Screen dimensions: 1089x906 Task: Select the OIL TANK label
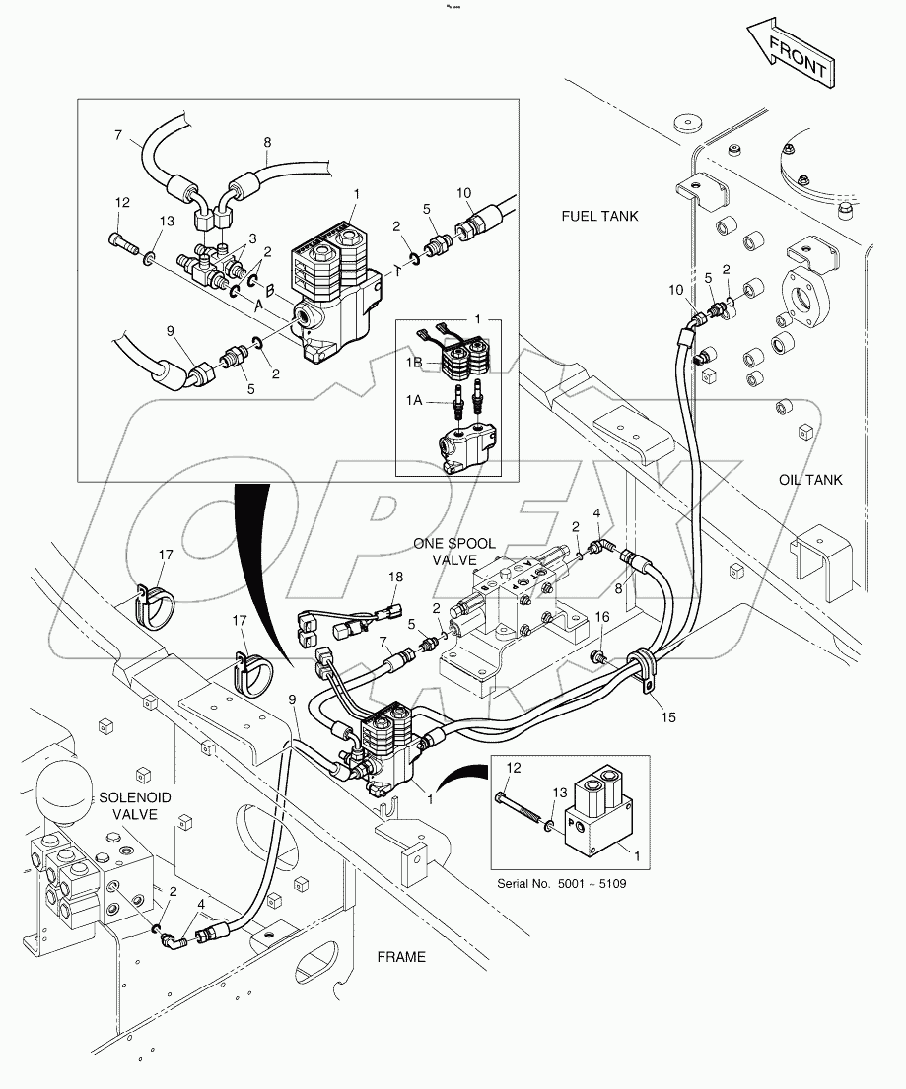(809, 480)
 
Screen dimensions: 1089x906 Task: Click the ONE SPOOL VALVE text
(454, 551)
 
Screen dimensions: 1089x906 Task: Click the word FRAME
(401, 956)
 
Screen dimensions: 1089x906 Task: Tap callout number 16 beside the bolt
(602, 617)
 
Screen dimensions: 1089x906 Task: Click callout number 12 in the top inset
(122, 203)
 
